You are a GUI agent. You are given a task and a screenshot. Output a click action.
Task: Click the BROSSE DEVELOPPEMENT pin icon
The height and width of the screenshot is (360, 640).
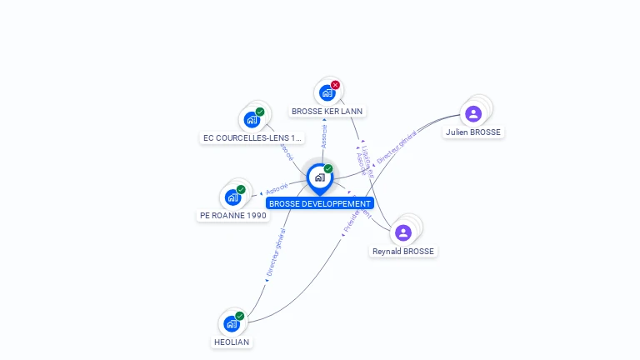319,177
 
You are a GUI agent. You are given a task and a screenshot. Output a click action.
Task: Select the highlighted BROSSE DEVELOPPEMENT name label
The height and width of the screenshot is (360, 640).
320,203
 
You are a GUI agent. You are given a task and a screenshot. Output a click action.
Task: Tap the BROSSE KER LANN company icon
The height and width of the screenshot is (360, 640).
327,92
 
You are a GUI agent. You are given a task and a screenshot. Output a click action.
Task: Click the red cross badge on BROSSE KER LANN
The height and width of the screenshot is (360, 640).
335,85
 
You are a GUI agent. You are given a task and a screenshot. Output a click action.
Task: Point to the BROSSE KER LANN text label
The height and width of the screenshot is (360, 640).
327,111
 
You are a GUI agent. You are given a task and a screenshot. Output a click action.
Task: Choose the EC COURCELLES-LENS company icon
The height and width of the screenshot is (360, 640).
252,119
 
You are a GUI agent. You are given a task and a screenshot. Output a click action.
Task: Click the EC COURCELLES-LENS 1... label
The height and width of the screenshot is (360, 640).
252,137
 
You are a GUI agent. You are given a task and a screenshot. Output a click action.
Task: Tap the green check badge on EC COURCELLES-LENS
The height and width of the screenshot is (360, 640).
260,112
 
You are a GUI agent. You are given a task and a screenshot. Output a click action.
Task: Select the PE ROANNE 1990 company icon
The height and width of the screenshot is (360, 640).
232,197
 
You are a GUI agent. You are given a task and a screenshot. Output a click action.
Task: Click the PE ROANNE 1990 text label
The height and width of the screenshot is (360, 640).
233,215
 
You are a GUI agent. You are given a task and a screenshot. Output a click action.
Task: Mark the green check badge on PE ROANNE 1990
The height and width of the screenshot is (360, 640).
241,189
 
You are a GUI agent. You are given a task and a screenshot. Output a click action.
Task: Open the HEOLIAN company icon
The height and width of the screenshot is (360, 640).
231,323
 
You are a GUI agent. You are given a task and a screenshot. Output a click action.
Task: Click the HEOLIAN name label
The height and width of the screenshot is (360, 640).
231,342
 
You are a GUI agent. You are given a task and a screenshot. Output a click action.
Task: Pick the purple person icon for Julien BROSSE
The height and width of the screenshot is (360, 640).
473,113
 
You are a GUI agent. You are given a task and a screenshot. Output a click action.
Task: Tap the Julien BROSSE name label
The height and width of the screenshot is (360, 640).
473,132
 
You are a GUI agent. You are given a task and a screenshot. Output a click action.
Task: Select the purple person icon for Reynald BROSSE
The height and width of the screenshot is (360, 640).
403,232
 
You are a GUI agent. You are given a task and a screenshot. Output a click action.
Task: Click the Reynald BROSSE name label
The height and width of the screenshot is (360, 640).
403,251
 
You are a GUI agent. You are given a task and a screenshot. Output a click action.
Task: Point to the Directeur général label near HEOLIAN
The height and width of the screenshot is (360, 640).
276,252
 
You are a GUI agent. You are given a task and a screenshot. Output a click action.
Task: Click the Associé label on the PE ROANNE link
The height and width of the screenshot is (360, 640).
277,188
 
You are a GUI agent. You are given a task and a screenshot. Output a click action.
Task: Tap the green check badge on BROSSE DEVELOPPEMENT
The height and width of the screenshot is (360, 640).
328,169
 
